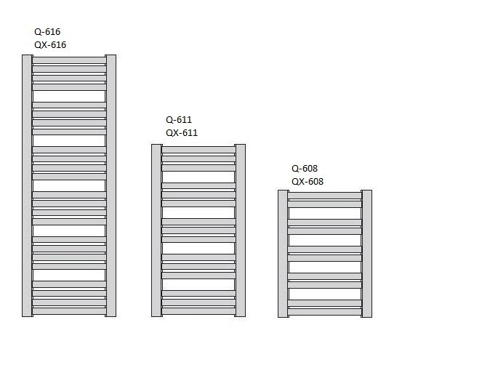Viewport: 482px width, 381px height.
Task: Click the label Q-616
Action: (x=47, y=32)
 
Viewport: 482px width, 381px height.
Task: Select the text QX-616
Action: (x=50, y=45)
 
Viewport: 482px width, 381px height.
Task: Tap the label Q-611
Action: (x=179, y=120)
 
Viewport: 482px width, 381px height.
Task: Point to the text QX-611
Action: (x=182, y=133)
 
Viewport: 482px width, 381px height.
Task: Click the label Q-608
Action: (x=305, y=168)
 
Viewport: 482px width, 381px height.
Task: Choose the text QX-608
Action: (x=308, y=182)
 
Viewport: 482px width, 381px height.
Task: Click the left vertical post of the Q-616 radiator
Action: (x=27, y=185)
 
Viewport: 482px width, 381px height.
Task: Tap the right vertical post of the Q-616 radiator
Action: (x=111, y=185)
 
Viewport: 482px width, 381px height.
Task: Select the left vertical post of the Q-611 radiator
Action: (x=156, y=230)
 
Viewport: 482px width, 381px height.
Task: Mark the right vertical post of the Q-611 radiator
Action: (x=240, y=230)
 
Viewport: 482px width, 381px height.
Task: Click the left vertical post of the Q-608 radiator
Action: (x=283, y=253)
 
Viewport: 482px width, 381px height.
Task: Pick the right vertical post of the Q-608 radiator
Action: (x=366, y=253)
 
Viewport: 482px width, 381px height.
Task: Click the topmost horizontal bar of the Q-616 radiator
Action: (x=69, y=60)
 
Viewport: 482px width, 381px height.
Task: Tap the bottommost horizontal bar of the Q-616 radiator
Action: (x=69, y=310)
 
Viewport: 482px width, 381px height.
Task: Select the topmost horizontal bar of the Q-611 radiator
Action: (x=198, y=150)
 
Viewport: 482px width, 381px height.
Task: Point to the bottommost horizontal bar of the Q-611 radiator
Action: (x=198, y=310)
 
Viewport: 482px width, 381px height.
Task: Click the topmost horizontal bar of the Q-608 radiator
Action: (x=325, y=196)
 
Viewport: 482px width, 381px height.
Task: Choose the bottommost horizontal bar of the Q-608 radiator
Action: (x=325, y=311)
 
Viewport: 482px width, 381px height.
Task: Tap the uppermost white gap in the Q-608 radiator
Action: (x=325, y=213)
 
